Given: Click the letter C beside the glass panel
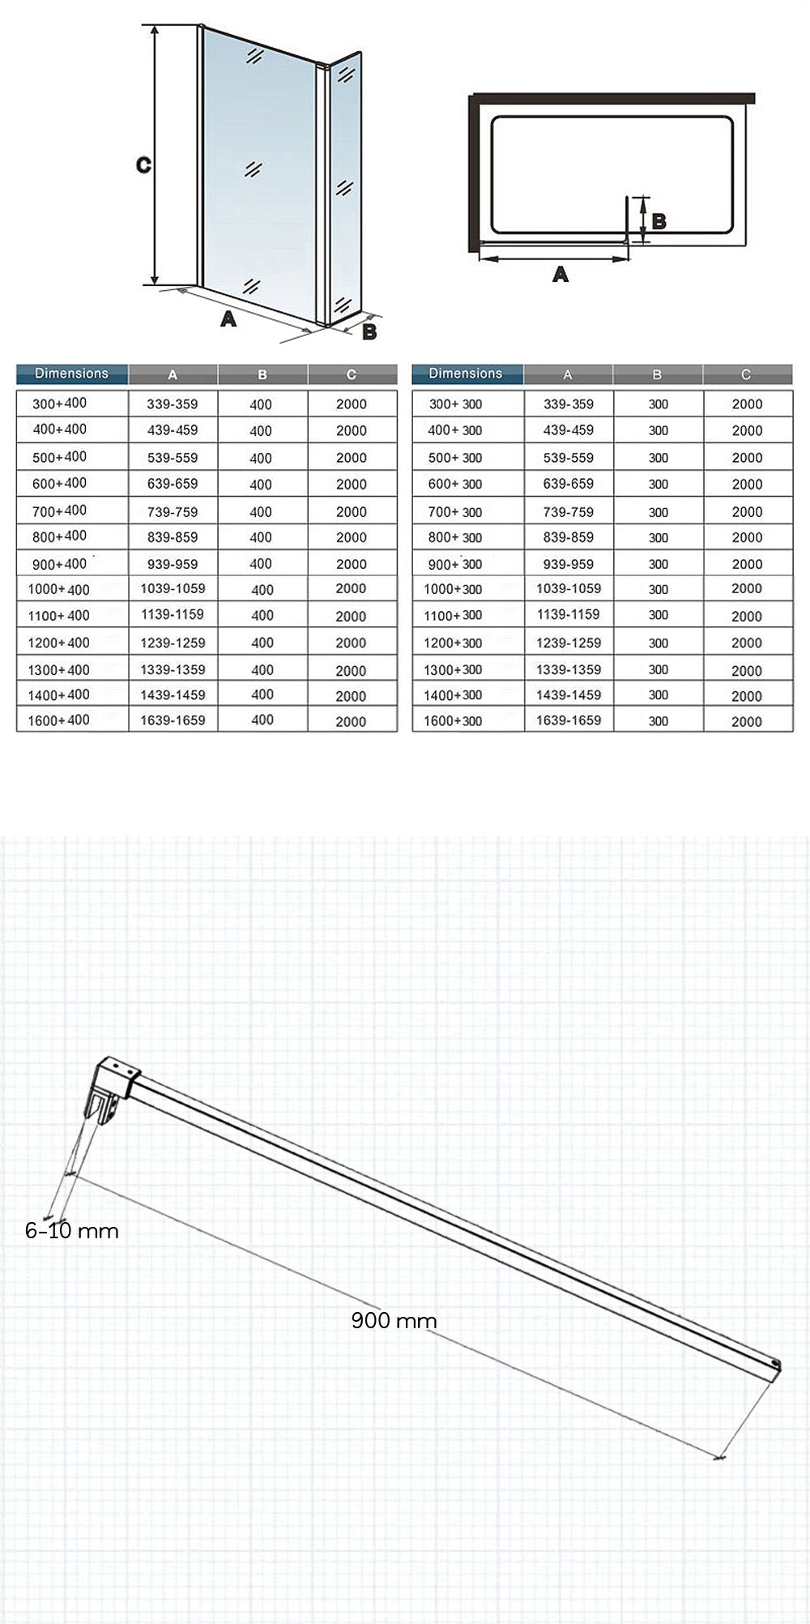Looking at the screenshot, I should pos(143,165).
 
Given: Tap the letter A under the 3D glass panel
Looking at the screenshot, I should pos(228,318).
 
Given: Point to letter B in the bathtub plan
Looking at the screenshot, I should pos(659,221).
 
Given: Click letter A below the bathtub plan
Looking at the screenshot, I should pos(560,275).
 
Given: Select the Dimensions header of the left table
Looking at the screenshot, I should pos(71,374).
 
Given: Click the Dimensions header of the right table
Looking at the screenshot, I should pos(466,374).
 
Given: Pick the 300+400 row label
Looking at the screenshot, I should pos(59,403).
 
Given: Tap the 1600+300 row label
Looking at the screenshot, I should pos(453,720).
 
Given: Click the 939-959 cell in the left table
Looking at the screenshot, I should pos(173,564).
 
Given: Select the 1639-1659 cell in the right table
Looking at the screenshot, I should pos(569,720).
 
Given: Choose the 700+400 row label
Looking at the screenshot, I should pos(59,511).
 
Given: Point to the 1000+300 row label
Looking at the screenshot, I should pos(453,589).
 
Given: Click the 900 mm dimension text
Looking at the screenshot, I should pos(394,1320).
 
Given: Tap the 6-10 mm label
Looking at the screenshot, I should pos(72,1231).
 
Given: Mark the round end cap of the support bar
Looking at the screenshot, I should pos(775,1365).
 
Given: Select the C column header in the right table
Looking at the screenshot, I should pos(746,374).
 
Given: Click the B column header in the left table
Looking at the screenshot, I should pos(262,374).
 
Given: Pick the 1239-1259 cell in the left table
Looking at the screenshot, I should pos(173,643).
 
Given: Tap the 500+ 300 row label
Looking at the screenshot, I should pos(455,458).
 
